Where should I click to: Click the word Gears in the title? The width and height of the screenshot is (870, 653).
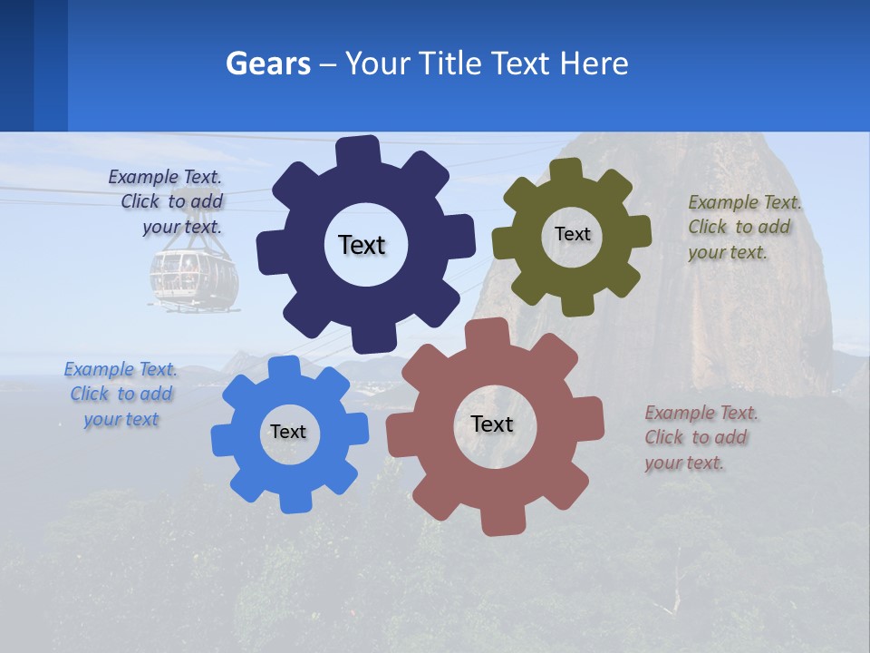pos(268,64)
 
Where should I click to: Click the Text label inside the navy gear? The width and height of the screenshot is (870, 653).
pos(362,245)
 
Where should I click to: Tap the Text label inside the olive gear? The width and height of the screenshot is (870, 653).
pos(572,234)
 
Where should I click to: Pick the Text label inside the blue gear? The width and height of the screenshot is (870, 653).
pos(287,433)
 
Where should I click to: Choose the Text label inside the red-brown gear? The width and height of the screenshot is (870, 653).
pos(492,424)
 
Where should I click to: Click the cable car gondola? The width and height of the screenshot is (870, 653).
pos(194,278)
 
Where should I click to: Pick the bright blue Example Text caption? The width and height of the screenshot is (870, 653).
pos(121,395)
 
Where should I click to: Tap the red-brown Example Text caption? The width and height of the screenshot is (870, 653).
pos(701,438)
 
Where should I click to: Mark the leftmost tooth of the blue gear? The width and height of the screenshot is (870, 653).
pos(222,441)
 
